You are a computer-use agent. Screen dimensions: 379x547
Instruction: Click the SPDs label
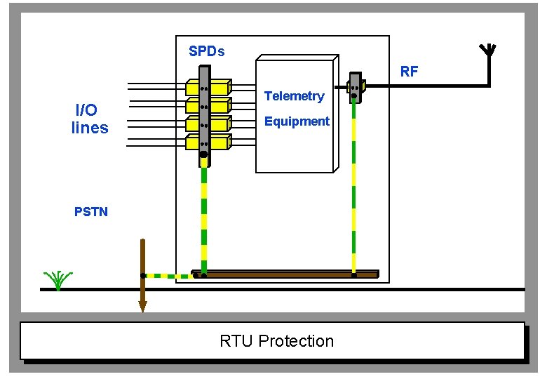point(206,51)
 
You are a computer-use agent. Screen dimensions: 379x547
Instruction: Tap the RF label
point(409,71)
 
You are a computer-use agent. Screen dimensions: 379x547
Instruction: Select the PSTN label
point(91,211)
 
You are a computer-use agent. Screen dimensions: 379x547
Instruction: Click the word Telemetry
point(294,96)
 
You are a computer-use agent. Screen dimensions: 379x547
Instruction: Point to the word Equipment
point(297,121)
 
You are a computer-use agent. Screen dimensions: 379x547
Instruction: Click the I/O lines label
point(89,119)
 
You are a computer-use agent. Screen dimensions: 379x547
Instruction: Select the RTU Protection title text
point(276,341)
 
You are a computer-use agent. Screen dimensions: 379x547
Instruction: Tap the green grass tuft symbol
point(58,279)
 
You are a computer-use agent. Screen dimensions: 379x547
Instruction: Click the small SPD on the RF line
point(356,86)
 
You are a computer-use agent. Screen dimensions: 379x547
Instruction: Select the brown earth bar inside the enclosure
point(288,274)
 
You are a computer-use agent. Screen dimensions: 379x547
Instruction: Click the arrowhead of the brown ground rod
point(142,306)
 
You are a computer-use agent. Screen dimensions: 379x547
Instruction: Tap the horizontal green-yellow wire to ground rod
point(168,276)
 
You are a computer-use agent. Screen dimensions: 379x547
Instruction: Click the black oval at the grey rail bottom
point(203,154)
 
